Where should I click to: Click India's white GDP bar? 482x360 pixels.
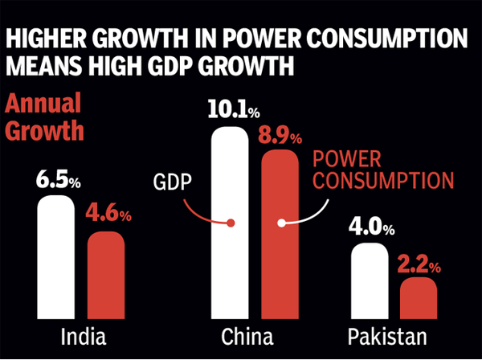tap(56, 257)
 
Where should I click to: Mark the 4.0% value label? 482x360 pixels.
tap(371, 227)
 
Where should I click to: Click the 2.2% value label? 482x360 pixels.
tap(420, 262)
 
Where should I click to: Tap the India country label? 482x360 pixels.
tap(80, 336)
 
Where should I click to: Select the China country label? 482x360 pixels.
tap(255, 336)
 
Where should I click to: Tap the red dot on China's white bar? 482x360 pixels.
tap(231, 223)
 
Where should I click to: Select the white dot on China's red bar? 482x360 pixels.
tap(280, 223)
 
